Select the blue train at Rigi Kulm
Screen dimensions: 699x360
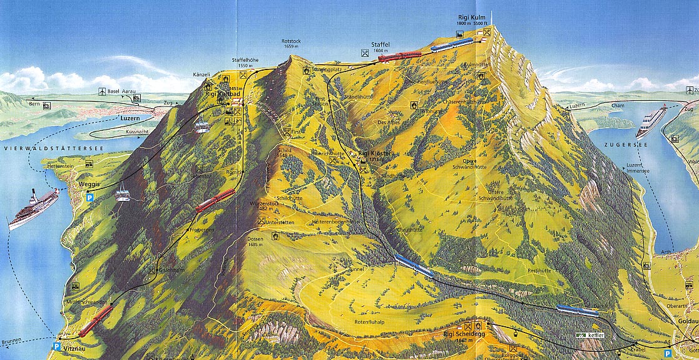click(x=451, y=44)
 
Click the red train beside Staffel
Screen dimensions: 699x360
click(x=399, y=56)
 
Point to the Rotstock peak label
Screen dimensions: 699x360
click(x=292, y=41)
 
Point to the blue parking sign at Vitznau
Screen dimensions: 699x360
click(x=57, y=346)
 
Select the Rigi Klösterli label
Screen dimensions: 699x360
click(x=374, y=153)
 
